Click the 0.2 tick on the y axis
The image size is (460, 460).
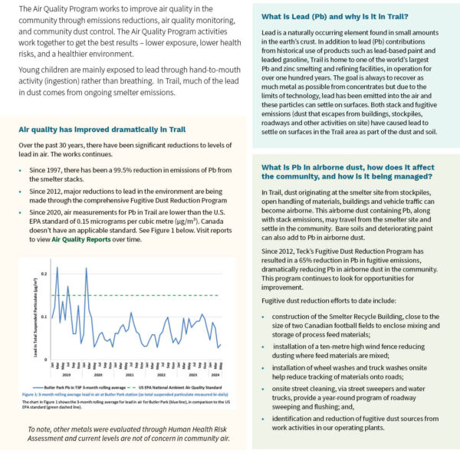[x=44, y=274]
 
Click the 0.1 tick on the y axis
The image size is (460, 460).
[x=44, y=317]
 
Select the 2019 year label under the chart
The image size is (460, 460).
[x=66, y=375]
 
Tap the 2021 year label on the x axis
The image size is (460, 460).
[x=129, y=375]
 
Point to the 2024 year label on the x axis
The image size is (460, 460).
[x=215, y=375]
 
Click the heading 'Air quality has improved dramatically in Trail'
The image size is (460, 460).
[x=101, y=130]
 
